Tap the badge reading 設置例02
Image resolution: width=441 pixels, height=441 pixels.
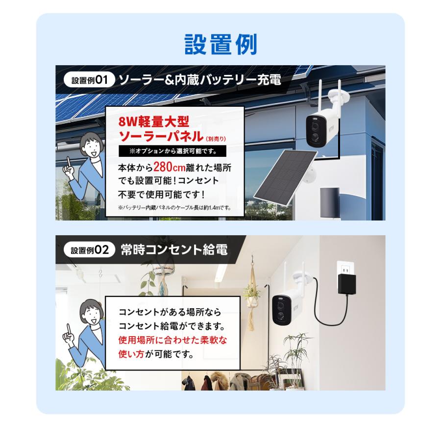point(89,250)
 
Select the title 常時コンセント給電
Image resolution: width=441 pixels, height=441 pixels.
point(174,250)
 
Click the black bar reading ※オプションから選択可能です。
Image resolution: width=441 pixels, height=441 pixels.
point(174,150)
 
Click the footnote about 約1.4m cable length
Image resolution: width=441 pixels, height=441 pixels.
point(174,208)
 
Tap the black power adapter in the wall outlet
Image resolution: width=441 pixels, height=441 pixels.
point(347,284)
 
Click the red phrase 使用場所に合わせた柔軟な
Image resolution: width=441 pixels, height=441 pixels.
point(172,340)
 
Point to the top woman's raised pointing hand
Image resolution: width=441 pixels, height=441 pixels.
point(72,168)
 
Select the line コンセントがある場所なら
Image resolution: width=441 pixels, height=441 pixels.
point(170,312)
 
